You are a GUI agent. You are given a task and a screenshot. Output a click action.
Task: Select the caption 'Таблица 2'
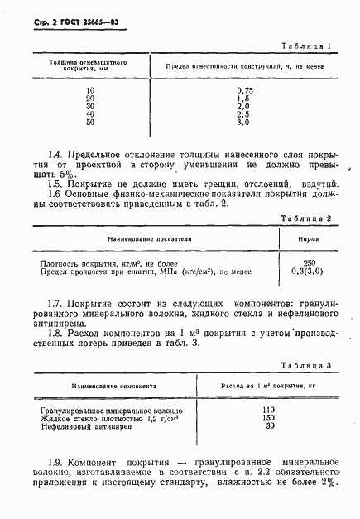[308, 218]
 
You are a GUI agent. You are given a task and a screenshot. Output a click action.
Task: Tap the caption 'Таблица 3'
[308, 365]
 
